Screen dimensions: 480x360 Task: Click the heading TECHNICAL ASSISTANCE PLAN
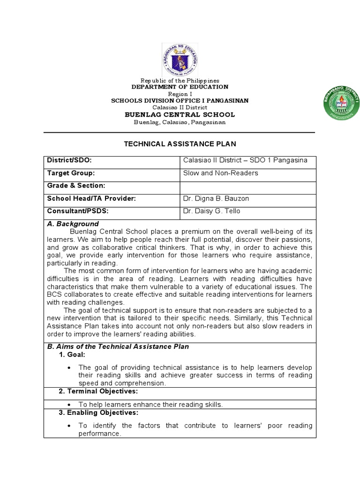(x=180, y=144)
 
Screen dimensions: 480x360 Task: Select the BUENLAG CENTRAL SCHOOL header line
(x=180, y=115)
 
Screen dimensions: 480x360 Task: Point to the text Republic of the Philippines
(x=180, y=81)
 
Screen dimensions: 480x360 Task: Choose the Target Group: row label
(x=70, y=173)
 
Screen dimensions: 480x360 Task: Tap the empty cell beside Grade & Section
(x=247, y=186)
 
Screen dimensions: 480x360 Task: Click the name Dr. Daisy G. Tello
(x=211, y=211)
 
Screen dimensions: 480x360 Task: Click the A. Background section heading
(x=73, y=224)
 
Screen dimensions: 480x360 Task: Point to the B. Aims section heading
(x=118, y=347)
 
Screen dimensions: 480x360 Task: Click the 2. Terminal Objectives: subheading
(x=98, y=391)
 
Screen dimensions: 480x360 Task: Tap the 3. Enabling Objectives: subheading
(x=98, y=413)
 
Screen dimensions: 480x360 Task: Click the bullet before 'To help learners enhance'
(x=69, y=405)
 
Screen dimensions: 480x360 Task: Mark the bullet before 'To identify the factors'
(x=69, y=426)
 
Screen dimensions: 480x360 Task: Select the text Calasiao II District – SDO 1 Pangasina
(x=245, y=160)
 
